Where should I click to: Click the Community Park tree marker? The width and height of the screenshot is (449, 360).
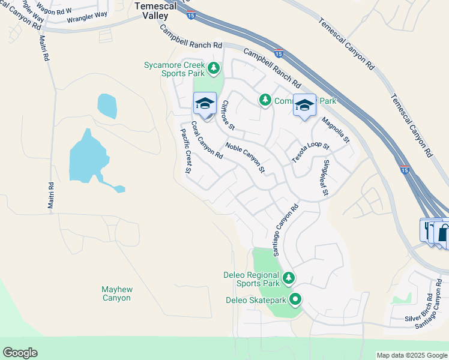point(265,100)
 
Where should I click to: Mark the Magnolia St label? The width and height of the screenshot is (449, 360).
point(335,130)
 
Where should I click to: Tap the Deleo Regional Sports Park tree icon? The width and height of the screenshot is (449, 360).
point(289,277)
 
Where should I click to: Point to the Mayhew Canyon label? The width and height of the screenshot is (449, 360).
point(116,293)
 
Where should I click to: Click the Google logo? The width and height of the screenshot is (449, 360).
point(20,353)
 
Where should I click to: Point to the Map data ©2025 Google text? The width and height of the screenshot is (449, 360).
point(412,355)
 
